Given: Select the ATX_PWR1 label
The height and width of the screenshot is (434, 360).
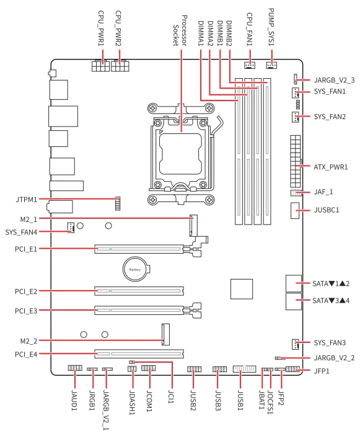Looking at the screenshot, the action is [x=331, y=167].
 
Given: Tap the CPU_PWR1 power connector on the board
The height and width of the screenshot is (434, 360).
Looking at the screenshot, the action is [x=101, y=66].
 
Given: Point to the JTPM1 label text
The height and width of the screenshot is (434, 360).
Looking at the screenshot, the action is [x=27, y=199].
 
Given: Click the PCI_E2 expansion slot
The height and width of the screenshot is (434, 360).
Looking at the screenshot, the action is [x=139, y=291].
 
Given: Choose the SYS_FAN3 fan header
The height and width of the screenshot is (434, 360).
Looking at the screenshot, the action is [x=296, y=343].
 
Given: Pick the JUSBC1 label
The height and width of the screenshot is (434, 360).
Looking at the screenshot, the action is [x=327, y=210].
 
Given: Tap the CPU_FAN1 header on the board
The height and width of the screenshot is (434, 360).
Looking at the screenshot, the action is [x=250, y=65].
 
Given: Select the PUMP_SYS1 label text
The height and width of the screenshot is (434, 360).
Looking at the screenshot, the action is [x=271, y=27].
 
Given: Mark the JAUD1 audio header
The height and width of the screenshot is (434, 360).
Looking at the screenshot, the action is [x=75, y=368].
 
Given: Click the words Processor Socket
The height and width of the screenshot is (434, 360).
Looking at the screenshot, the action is [x=180, y=30].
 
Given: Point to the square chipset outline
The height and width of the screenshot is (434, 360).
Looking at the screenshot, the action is [x=242, y=289].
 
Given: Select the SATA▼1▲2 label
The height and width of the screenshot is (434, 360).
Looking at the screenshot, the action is [x=331, y=284].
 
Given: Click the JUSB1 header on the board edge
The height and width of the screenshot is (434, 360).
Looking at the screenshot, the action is [x=245, y=369].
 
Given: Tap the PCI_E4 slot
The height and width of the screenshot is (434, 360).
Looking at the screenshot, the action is [x=139, y=353].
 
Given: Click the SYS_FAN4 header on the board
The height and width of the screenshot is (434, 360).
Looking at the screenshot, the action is [x=71, y=228].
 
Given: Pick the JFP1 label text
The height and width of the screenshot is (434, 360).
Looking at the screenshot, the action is [x=322, y=371].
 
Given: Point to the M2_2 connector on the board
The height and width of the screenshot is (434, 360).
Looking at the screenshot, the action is [x=165, y=334].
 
